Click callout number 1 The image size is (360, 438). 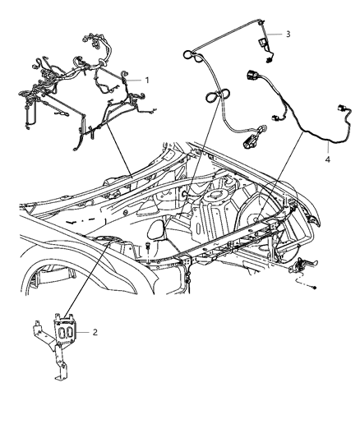click(x=147, y=80)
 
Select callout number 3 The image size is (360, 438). click(x=288, y=34)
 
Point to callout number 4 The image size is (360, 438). click(x=327, y=160)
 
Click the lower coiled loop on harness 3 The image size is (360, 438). click(x=212, y=97)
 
